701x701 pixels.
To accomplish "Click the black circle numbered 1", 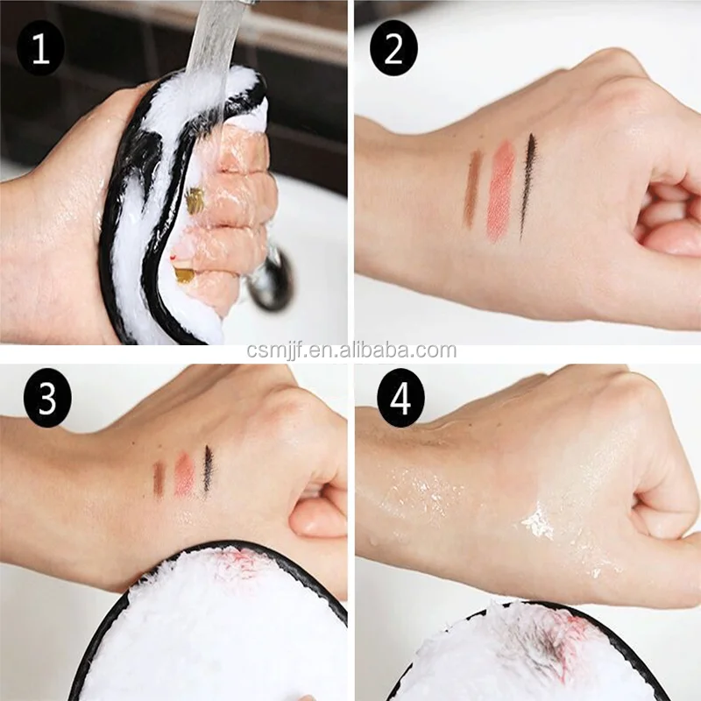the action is pos(40,48).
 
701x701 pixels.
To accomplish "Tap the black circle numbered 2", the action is pos(393,48).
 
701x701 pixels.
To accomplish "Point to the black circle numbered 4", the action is pos(400,398).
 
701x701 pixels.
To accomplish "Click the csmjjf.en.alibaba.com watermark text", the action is pos(351,350).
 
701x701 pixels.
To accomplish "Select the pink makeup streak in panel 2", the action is pos(502,191).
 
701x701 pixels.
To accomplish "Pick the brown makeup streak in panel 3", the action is pos(159,479).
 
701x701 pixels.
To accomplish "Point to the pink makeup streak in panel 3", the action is pos(184,475).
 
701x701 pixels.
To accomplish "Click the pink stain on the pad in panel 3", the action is pos(236,560).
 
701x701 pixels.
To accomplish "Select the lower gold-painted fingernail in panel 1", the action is pos(183,274).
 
